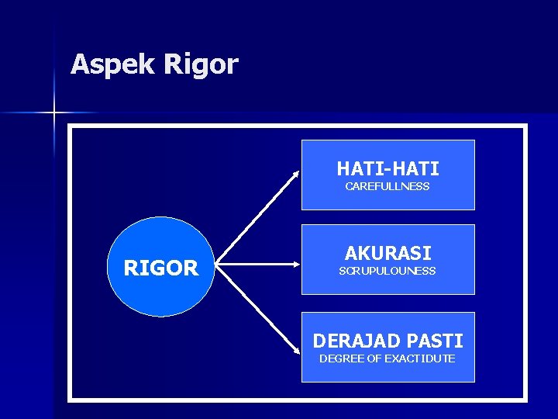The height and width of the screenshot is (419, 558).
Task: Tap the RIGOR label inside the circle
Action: tap(161, 268)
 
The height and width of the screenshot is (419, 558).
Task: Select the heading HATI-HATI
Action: tap(387, 168)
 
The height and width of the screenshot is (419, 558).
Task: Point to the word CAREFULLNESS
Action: tap(387, 187)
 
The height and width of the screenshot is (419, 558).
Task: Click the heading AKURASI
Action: tap(387, 253)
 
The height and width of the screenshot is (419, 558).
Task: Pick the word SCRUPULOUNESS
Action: tap(387, 271)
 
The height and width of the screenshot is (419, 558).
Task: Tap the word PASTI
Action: tap(436, 341)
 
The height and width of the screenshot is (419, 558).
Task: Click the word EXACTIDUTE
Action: tap(420, 358)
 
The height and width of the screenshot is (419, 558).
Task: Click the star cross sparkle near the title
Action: tap(54, 113)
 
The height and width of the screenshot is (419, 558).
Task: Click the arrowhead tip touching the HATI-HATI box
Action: tap(298, 171)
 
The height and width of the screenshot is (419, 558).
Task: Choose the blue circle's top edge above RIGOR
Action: tap(161, 218)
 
